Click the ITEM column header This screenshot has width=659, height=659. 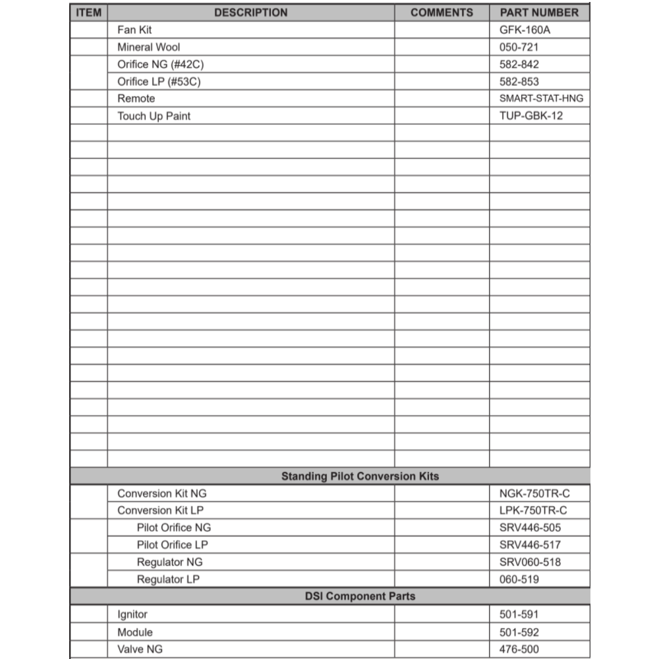click(88, 13)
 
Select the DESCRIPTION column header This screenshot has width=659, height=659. click(250, 13)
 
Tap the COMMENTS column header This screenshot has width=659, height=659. click(442, 13)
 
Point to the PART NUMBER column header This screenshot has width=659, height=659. click(539, 13)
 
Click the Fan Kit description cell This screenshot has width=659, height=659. click(134, 30)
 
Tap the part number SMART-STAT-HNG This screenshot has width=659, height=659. click(541, 99)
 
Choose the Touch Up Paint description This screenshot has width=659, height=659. click(154, 116)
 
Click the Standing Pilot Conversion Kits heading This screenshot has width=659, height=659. click(360, 476)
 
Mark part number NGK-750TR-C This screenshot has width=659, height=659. click(533, 493)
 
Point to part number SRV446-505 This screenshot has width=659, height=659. click(530, 527)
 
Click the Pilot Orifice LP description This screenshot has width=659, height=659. click(173, 544)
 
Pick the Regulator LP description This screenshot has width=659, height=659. click(168, 579)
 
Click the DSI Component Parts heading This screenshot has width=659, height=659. click(360, 596)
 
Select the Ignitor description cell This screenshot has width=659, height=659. click(132, 614)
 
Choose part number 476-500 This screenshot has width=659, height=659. click(519, 649)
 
